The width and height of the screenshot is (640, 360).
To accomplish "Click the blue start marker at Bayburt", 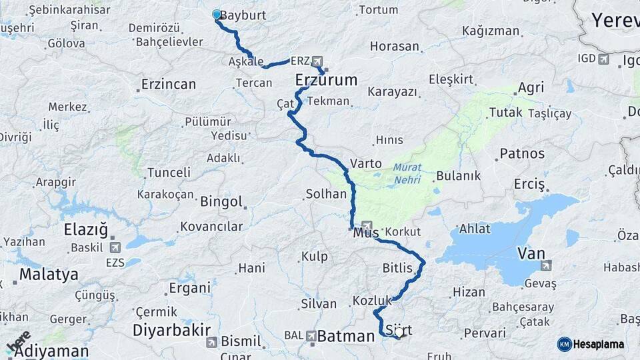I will pos(216,14).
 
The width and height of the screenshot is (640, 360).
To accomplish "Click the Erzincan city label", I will pos(169,85).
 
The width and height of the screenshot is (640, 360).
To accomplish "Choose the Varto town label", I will pos(366,163).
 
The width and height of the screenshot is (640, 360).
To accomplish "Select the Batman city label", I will pos(346,337).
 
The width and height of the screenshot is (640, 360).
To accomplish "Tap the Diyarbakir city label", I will pos(171,330).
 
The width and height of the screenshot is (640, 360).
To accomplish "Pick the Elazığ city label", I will pos(85,230).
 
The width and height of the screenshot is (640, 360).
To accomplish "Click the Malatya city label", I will pos(48,274).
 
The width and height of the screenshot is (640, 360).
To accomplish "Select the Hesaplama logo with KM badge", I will pos(591,344).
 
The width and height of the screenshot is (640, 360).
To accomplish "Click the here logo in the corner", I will pos(19,341).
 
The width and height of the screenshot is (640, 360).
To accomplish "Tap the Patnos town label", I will pos(522,153).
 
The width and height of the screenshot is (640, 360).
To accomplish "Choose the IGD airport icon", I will pos(605,59).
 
